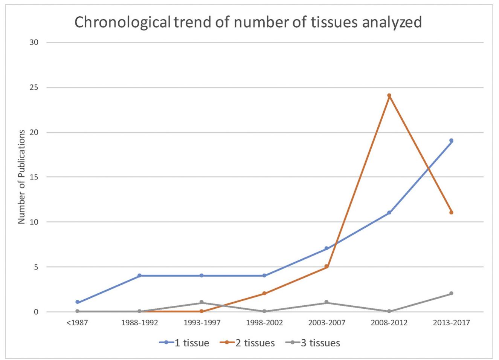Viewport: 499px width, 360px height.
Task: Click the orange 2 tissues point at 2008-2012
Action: tap(389, 96)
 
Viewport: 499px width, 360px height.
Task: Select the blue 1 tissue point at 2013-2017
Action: tap(451, 141)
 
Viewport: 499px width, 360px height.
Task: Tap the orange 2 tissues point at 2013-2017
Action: tap(451, 213)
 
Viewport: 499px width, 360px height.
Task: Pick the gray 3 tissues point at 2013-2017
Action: tap(451, 293)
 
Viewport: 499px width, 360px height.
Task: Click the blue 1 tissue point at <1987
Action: tap(77, 302)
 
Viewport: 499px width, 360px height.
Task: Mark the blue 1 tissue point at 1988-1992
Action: tap(139, 276)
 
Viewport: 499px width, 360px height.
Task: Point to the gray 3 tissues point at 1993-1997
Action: tap(202, 302)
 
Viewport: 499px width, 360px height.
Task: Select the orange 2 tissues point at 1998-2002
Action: tap(264, 293)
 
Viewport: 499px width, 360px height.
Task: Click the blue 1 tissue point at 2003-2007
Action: tap(327, 249)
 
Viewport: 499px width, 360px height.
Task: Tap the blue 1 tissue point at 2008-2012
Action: tap(389, 213)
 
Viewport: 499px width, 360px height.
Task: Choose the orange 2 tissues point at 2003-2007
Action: tap(327, 267)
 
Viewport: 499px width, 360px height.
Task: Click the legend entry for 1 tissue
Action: tap(184, 343)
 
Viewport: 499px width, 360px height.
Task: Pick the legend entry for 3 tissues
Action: tap(317, 343)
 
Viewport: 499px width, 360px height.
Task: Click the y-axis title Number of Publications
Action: tap(21, 177)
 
